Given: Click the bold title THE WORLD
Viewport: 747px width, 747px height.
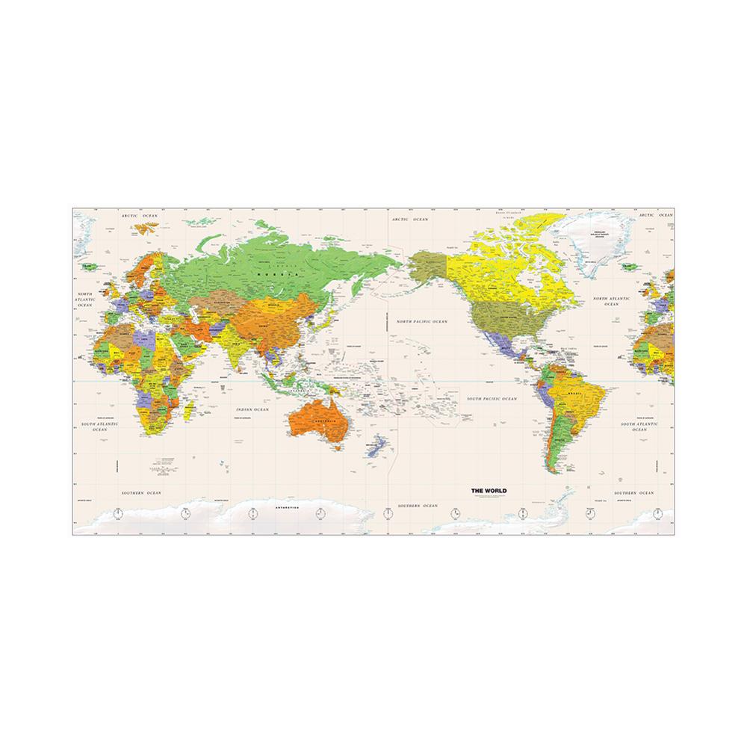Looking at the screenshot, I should point(488,490).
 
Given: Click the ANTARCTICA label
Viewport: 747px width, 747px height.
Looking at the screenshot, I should point(286,508).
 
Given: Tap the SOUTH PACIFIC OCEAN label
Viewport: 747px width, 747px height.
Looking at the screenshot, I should point(491,400).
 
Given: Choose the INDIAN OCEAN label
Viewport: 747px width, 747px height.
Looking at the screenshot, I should point(252,409).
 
